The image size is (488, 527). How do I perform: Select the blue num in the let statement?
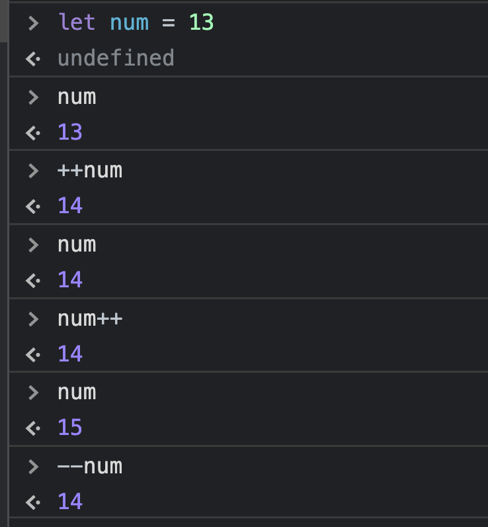tap(129, 23)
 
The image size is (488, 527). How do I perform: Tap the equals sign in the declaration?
tap(168, 23)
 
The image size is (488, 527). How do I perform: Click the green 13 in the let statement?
tap(202, 23)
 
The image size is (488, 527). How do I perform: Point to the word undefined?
tap(116, 58)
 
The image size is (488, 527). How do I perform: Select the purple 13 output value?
tap(70, 132)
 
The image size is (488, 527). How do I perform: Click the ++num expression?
tap(90, 170)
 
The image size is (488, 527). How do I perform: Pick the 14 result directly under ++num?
tap(70, 206)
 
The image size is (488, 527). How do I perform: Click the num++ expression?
tap(90, 318)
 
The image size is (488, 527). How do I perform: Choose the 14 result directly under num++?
tap(70, 354)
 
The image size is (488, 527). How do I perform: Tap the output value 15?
tap(70, 428)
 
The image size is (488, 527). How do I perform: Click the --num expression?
tap(90, 466)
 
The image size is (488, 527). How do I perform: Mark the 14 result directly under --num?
tap(70, 502)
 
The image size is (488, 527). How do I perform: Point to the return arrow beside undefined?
tap(32, 59)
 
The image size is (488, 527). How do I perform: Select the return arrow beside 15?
tap(32, 428)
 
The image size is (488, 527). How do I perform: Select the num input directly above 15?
tap(77, 392)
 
